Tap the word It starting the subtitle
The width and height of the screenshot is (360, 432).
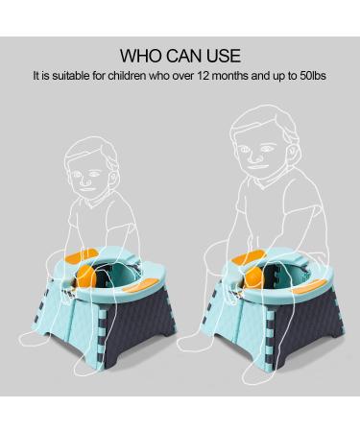36,74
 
